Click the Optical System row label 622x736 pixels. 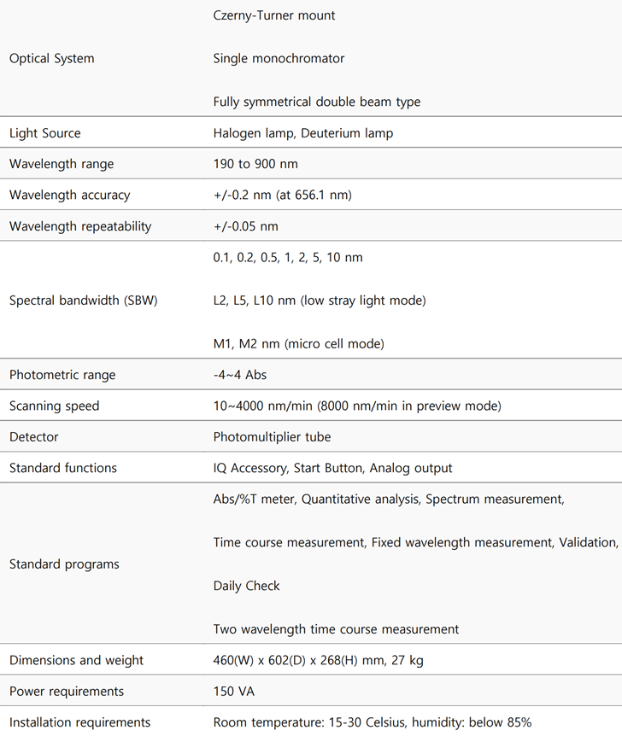point(51,59)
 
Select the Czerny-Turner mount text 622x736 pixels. point(274,15)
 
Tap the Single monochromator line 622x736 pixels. point(279,59)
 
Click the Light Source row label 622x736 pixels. point(44,133)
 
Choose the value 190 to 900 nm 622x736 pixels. point(255,164)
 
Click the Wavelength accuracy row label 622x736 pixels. point(69,195)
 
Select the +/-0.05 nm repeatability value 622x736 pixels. point(245,226)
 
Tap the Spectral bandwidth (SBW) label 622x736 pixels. point(83,301)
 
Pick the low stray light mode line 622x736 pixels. point(320,301)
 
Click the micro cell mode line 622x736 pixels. point(298,344)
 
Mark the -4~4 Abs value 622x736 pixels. point(241,375)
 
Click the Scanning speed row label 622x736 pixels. point(54,406)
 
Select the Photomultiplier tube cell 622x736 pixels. point(272,436)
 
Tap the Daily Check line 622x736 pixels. point(246,586)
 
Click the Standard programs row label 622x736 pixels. point(64,564)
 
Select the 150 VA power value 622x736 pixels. point(232,691)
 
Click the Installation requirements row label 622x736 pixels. point(79,722)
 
